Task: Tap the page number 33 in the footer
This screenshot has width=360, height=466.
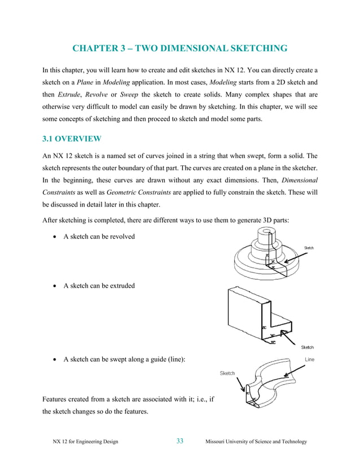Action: (x=180, y=441)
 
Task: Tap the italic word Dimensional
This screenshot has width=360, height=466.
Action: (x=300, y=181)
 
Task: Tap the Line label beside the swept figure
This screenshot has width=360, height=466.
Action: (x=309, y=359)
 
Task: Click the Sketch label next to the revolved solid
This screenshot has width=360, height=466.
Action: (x=309, y=248)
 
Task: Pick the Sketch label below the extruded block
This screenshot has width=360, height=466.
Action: (x=307, y=348)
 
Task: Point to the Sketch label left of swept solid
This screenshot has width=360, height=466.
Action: (x=227, y=373)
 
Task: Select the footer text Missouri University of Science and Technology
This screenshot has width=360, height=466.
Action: (x=257, y=442)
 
